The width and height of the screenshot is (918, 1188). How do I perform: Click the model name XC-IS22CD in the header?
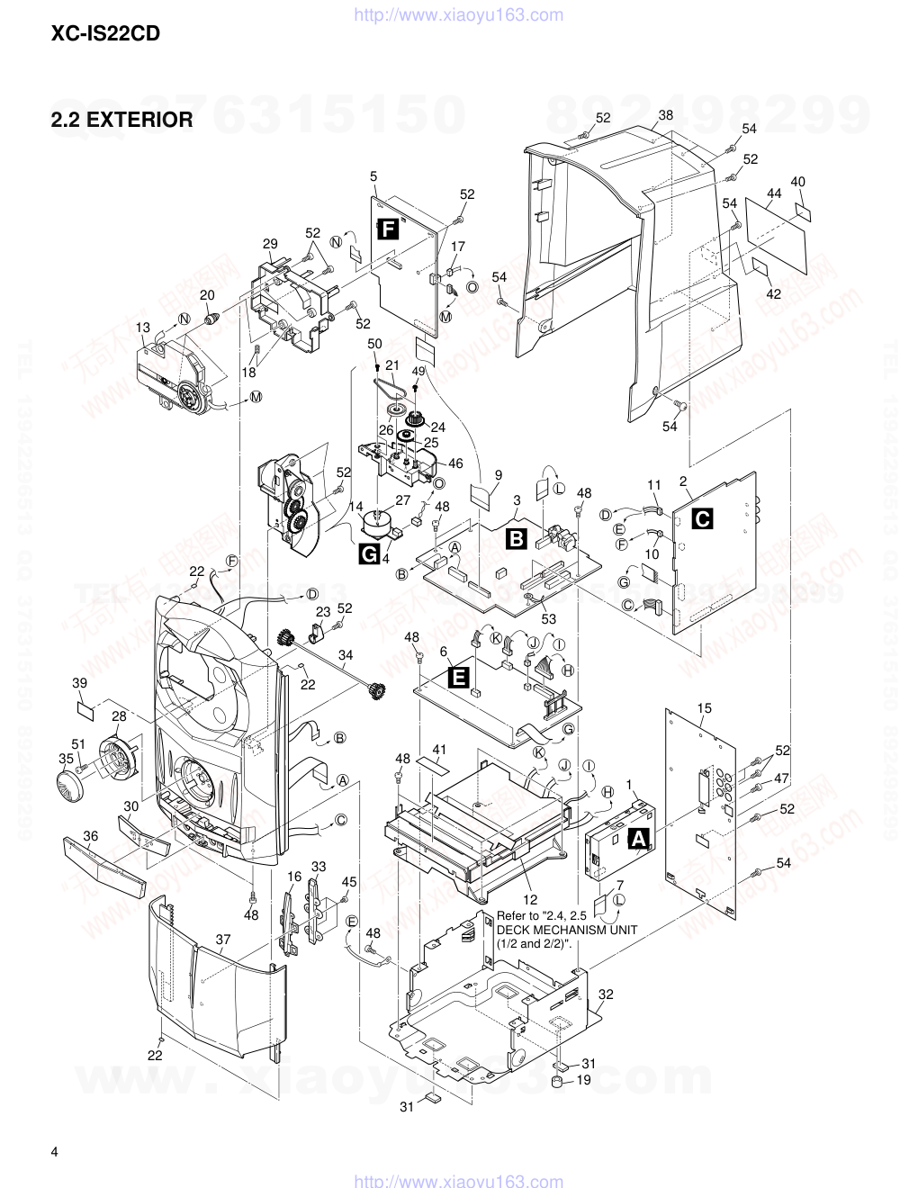point(106,35)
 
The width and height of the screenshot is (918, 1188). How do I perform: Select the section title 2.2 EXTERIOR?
point(122,119)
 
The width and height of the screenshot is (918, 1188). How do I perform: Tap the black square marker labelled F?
point(387,229)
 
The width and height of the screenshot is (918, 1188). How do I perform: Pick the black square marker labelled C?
point(701,518)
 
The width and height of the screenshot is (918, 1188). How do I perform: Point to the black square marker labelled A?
point(638,839)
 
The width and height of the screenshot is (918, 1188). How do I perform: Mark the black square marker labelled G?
point(369,555)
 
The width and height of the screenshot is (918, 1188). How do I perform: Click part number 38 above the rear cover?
point(665,115)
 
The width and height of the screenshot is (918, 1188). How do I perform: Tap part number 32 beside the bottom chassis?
point(606,994)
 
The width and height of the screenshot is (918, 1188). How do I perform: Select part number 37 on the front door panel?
point(223,940)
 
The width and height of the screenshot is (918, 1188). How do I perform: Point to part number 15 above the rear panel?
point(704,708)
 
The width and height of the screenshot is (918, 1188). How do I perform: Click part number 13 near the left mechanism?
point(143,327)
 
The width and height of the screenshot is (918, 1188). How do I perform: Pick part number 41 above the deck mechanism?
point(439,750)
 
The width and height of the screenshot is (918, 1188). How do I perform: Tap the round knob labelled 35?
point(68,783)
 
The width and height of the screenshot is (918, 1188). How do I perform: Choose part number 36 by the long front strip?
point(91,836)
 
